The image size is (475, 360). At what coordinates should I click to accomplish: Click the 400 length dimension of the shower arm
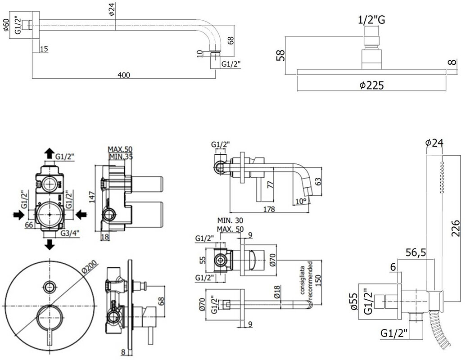coord(124,75)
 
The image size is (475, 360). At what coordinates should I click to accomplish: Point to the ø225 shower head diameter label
coord(372,85)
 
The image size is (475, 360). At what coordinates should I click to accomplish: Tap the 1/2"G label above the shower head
coord(372,20)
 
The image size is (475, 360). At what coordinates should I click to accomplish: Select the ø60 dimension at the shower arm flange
coord(6,24)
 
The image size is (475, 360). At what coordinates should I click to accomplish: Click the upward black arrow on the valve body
coord(49,153)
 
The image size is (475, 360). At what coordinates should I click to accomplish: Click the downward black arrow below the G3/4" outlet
coord(49,244)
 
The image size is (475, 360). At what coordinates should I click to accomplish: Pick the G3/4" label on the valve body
coord(70,233)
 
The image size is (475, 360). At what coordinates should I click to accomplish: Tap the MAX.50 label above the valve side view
coord(120,149)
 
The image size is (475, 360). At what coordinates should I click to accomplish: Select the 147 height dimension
coord(93,197)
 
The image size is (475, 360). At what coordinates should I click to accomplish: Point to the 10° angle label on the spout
coord(301,201)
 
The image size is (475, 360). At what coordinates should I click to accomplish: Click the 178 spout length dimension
coord(269,209)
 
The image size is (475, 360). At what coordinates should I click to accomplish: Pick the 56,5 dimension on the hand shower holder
coord(416,252)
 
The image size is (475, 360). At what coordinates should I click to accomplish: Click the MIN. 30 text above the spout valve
coord(230,220)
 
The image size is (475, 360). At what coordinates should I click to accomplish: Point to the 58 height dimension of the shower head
coord(281,55)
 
